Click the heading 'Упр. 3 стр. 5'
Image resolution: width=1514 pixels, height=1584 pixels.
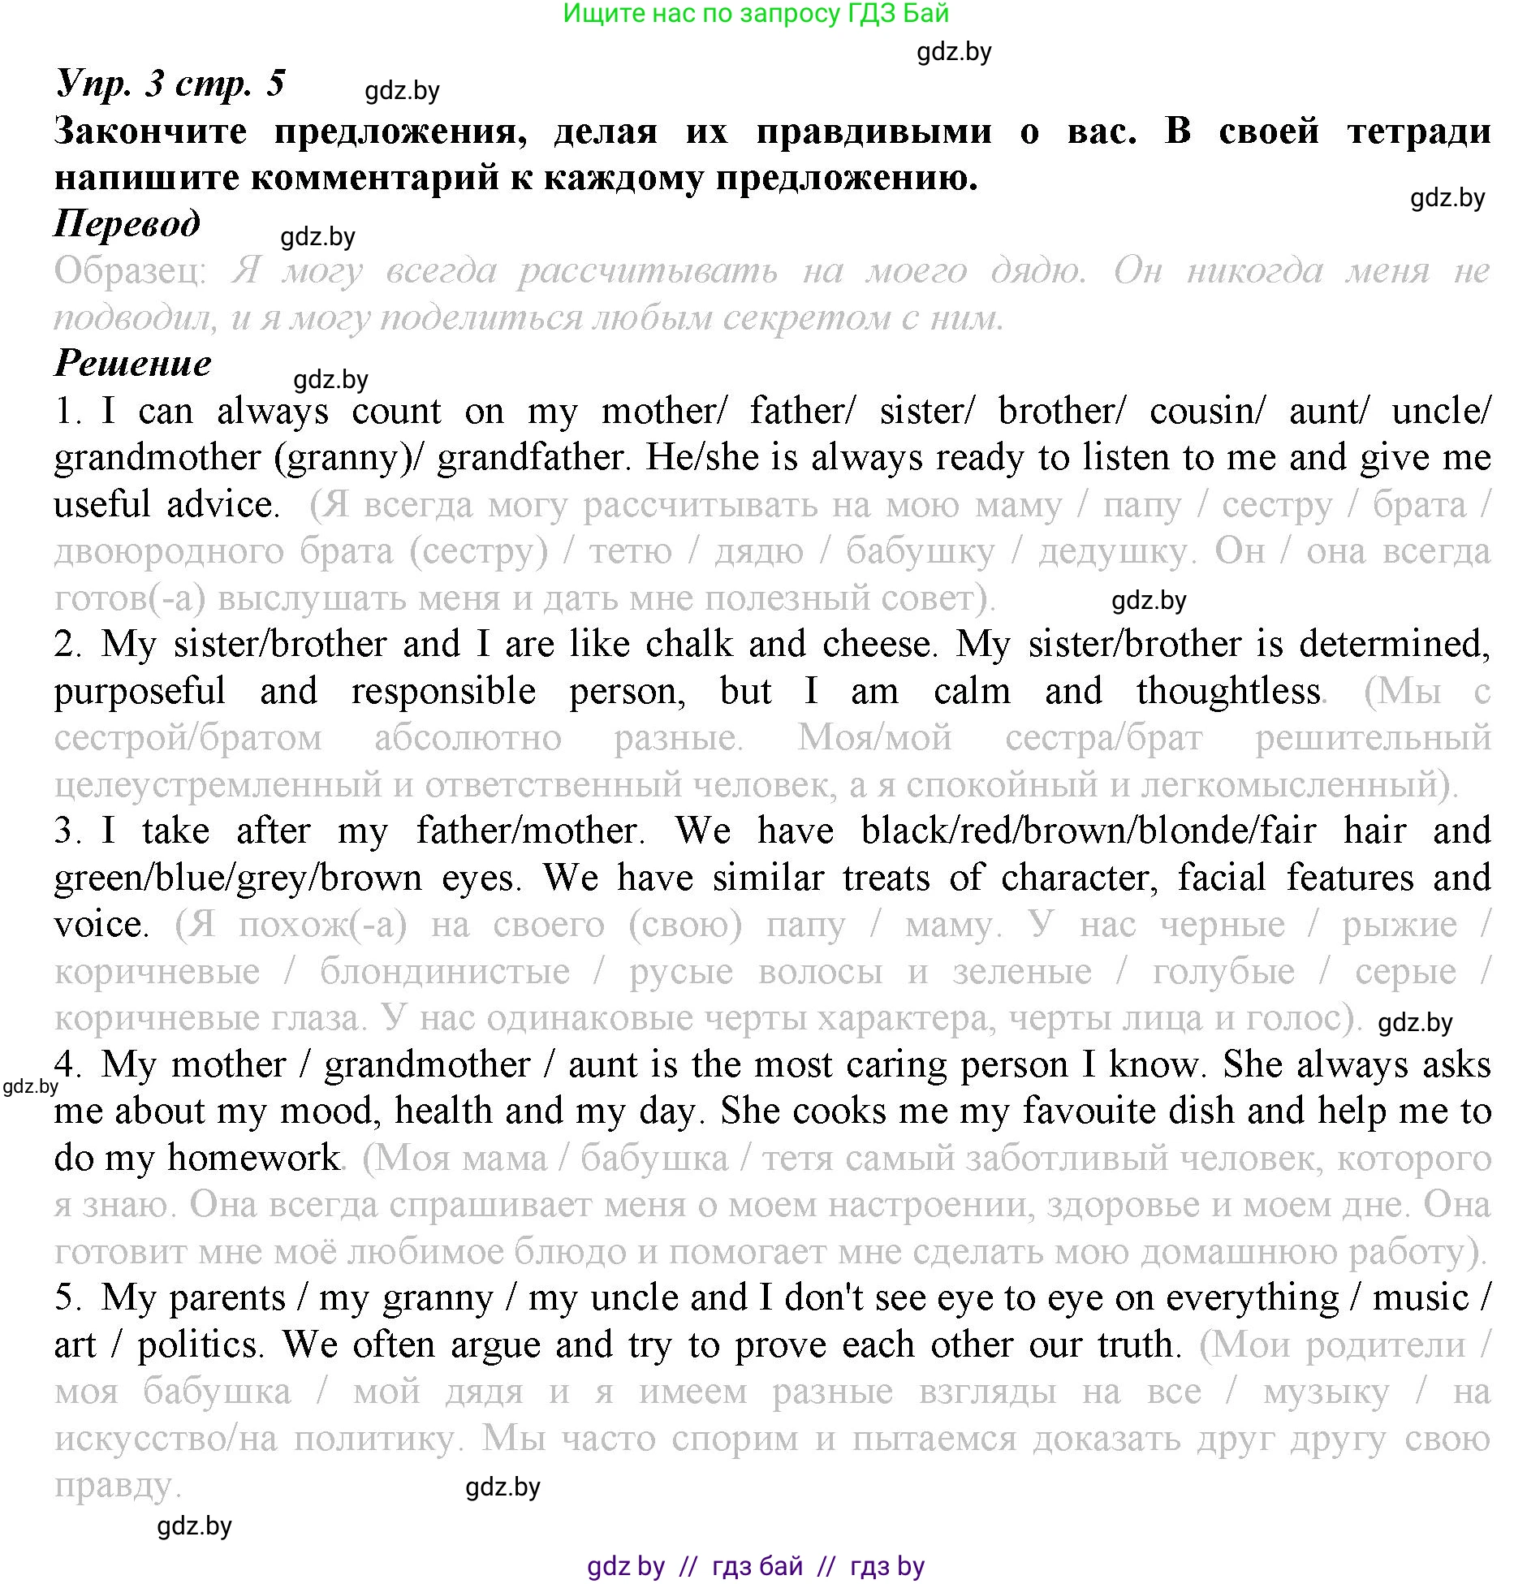tap(170, 84)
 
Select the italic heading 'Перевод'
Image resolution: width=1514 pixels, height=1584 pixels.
tap(127, 224)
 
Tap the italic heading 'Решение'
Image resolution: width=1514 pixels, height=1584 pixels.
tap(132, 364)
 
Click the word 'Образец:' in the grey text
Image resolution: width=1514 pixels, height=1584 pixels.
tap(130, 271)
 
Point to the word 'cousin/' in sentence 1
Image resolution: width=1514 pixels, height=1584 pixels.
tap(1206, 411)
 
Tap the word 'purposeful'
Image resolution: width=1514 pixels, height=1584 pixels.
tap(140, 692)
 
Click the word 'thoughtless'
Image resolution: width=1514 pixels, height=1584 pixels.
tap(1227, 692)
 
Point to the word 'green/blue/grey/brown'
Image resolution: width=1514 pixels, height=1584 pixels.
tap(238, 878)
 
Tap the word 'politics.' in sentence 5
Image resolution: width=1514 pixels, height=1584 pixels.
tap(201, 1345)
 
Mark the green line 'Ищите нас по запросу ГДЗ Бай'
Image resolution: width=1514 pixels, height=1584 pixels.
tap(755, 13)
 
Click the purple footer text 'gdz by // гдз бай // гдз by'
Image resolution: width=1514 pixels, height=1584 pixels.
tap(755, 1565)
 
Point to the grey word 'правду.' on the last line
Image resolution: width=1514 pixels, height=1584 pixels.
tap(118, 1486)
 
